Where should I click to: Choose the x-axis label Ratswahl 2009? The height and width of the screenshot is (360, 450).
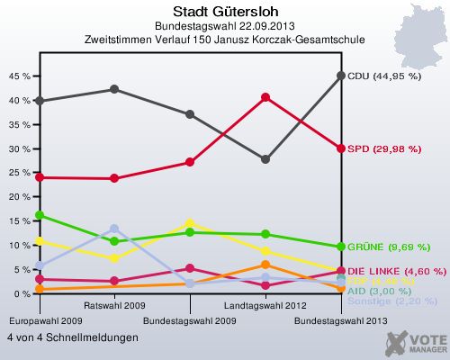click(x=114, y=306)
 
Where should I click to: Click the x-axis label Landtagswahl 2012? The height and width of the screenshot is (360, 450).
click(x=265, y=306)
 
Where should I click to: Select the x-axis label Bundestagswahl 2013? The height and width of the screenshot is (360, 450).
click(x=341, y=320)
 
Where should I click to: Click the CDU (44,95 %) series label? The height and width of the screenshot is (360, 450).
click(x=384, y=76)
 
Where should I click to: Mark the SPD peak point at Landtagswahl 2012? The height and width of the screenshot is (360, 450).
click(x=265, y=97)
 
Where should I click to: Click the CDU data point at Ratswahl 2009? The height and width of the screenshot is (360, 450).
click(x=114, y=89)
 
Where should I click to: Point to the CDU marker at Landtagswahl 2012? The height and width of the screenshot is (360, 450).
click(x=265, y=159)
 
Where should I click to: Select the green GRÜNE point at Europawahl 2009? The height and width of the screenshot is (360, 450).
click(x=39, y=215)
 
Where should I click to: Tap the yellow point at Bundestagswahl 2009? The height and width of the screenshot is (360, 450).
click(x=189, y=223)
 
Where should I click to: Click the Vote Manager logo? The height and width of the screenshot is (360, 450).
click(x=415, y=341)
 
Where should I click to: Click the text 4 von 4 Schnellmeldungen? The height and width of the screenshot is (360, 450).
click(x=73, y=337)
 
